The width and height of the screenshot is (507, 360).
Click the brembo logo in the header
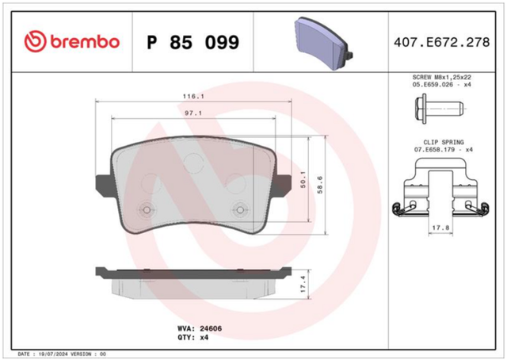[72, 42]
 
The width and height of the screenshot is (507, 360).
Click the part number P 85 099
[193, 42]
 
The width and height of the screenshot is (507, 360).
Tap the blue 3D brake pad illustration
[324, 43]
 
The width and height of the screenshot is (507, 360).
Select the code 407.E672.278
[442, 42]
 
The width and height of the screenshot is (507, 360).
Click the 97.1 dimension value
[193, 113]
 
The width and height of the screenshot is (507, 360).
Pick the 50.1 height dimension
[303, 179]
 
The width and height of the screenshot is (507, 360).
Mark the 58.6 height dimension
[320, 185]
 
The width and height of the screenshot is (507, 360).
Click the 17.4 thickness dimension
[303, 284]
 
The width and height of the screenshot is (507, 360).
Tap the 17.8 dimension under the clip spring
[441, 228]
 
